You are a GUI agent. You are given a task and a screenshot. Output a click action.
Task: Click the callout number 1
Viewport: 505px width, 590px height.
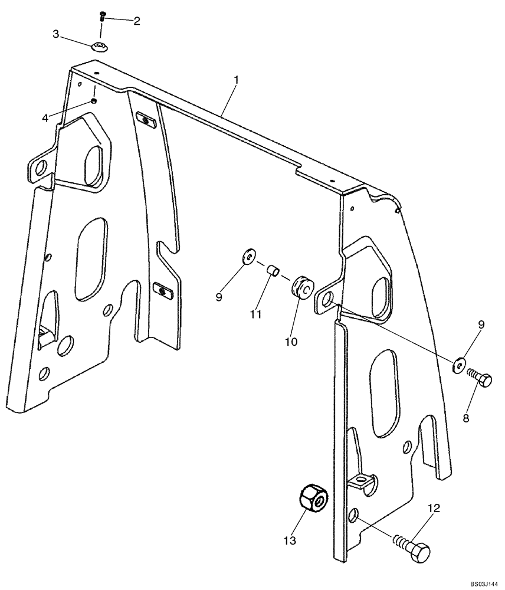point(236,80)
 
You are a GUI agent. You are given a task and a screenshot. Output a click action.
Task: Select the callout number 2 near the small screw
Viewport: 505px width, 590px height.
point(136,21)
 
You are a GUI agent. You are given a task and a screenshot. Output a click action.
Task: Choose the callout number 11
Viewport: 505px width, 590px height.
point(254,314)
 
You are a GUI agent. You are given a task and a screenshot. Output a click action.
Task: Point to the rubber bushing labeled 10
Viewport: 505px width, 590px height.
point(303,286)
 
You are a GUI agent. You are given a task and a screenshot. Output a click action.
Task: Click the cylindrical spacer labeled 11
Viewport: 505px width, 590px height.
point(273,270)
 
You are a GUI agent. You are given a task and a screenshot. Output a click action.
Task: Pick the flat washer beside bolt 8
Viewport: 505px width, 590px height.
point(459,364)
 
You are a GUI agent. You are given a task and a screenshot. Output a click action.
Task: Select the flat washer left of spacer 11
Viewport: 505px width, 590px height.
point(248,255)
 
